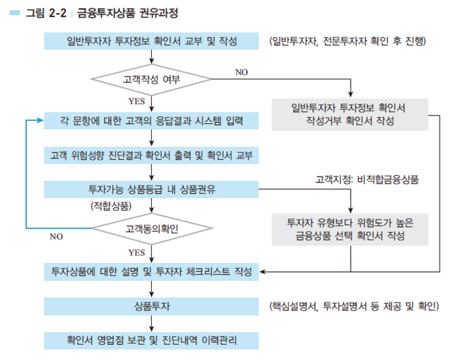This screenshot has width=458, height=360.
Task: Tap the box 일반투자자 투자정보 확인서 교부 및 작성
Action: (x=152, y=42)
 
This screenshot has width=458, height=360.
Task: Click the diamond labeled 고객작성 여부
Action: (x=152, y=79)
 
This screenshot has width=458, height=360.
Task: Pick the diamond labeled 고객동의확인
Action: (x=152, y=228)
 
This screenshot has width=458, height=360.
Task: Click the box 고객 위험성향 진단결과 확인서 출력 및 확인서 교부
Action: (x=152, y=155)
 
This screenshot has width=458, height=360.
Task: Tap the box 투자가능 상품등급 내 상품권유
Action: (x=152, y=188)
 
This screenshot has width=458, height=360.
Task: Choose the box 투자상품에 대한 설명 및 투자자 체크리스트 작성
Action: (x=152, y=271)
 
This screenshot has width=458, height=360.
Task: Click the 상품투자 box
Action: (x=152, y=305)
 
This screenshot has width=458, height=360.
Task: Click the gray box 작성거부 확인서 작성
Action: (x=349, y=114)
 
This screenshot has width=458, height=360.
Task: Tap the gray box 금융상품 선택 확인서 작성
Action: (x=350, y=230)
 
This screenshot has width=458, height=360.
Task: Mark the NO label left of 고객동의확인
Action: (x=56, y=237)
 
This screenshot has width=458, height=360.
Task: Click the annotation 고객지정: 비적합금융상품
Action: (x=367, y=180)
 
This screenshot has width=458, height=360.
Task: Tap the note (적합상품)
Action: (x=110, y=205)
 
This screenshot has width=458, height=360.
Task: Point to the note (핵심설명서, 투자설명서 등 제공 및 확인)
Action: (x=353, y=305)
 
